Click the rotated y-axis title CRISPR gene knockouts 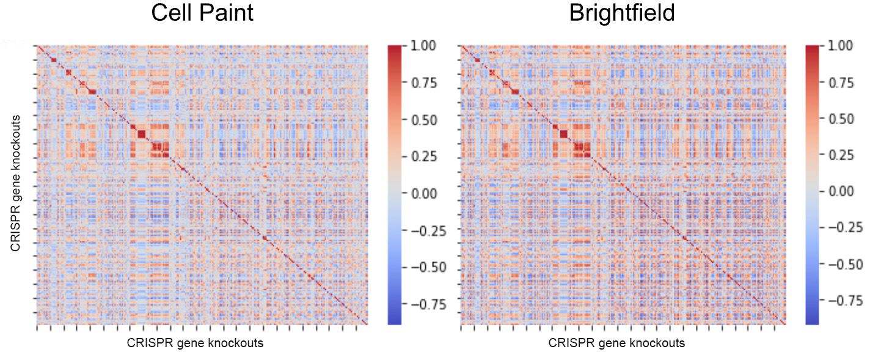click(x=15, y=183)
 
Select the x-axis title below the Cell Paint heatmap click(x=195, y=343)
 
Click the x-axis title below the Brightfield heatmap click(x=616, y=343)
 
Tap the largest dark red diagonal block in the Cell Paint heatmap click(x=142, y=134)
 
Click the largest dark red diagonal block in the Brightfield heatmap click(x=563, y=134)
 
